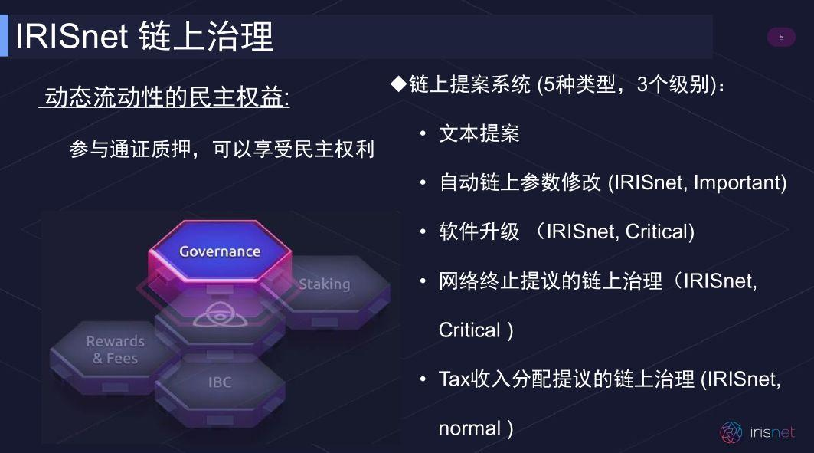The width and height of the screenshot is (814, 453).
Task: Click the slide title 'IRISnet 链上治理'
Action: coord(144,36)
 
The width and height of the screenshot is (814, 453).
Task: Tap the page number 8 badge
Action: coord(781,37)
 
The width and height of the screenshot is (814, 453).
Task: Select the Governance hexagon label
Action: coord(220,251)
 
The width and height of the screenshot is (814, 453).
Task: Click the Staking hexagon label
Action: coord(324,284)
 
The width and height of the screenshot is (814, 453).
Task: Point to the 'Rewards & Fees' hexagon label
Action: coord(115,350)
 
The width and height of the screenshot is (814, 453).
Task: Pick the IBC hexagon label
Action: coord(220,381)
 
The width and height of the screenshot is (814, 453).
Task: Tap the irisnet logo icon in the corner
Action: coord(731,432)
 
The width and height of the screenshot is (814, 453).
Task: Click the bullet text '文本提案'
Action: coord(479,133)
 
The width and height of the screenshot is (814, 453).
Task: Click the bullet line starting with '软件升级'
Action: coord(566,231)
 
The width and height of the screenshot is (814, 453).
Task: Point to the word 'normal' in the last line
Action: coord(469,428)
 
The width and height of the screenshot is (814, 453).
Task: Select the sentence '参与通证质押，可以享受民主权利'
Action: coord(221,149)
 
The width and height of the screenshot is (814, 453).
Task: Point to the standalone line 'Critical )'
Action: coord(475,330)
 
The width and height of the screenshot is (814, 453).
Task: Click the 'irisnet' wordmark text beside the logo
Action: coord(771,432)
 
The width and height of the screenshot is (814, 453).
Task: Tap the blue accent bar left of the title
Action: coord(4,36)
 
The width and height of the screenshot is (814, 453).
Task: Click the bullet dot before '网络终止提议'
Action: coord(423,281)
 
